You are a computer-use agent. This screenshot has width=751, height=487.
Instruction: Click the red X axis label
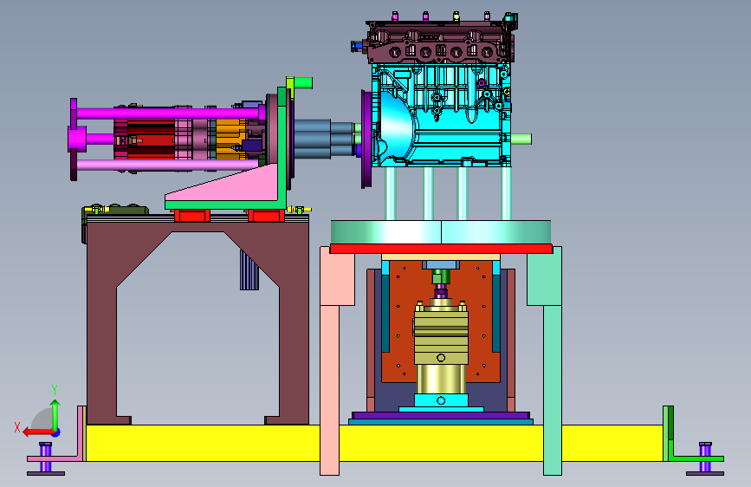pos(17,427)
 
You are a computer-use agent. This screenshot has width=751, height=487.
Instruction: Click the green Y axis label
pos(55,390)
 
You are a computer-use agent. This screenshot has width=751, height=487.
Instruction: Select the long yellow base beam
pos(373,443)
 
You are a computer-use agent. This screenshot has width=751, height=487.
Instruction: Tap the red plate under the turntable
pos(441,249)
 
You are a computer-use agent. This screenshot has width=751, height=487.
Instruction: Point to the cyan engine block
pos(441,115)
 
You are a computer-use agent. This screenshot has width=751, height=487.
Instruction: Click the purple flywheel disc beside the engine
pos(366,139)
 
